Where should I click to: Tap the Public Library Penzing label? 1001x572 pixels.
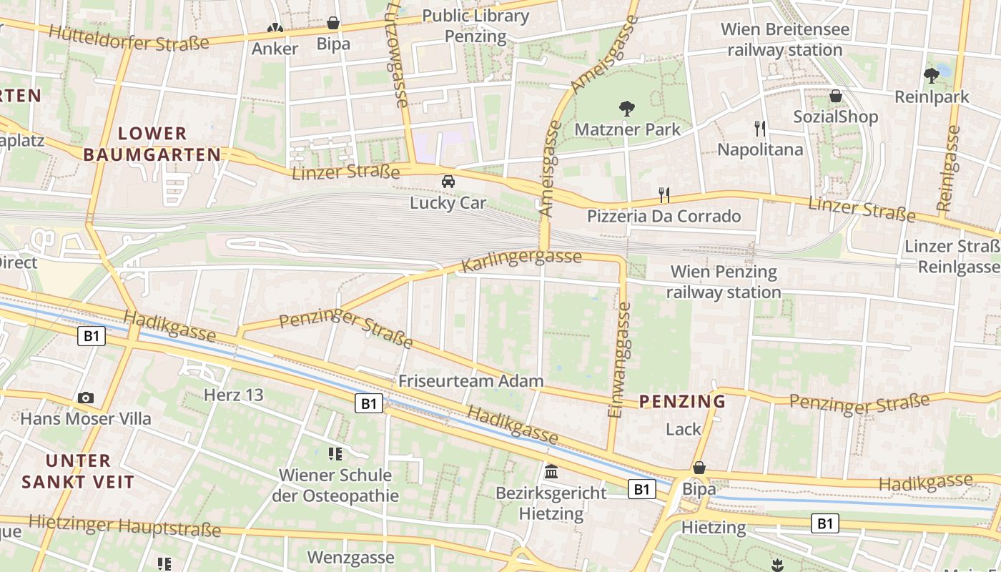click(x=475, y=26)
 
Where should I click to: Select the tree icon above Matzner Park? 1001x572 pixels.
click(x=627, y=109)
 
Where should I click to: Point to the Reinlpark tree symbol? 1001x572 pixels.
click(x=931, y=75)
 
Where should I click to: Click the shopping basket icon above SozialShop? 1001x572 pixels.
click(x=835, y=96)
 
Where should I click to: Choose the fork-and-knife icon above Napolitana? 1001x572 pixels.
click(x=760, y=129)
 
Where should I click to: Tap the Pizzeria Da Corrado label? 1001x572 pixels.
click(x=664, y=216)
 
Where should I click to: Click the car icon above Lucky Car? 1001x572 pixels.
click(x=448, y=182)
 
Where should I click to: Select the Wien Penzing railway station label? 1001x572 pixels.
click(x=724, y=282)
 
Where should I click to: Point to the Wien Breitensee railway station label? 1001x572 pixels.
click(x=785, y=40)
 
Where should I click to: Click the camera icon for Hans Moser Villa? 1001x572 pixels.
click(x=86, y=398)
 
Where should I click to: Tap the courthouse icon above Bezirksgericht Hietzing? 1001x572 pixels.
click(x=551, y=472)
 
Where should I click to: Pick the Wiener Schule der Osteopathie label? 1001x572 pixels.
click(x=335, y=485)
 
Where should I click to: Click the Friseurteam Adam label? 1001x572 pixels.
click(x=471, y=381)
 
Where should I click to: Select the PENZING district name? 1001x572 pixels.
click(x=682, y=402)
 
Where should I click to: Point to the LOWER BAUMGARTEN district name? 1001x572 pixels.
click(x=152, y=144)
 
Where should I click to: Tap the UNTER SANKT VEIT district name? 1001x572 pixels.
click(x=78, y=470)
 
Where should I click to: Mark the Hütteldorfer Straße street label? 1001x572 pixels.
click(x=129, y=38)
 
